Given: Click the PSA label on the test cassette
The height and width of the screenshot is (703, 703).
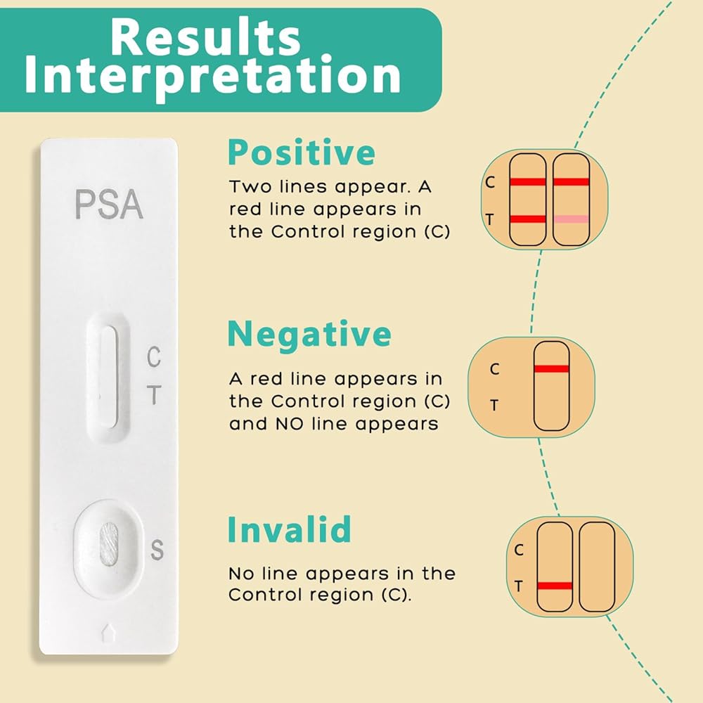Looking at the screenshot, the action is coord(109,204).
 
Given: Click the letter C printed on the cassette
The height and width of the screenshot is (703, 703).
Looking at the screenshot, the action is coord(153,357).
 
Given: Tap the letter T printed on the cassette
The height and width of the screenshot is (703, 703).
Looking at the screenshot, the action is coord(153,396).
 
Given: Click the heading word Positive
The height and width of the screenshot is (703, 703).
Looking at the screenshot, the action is coord(301,153).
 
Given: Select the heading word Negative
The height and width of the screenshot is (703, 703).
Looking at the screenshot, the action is coord(309,335).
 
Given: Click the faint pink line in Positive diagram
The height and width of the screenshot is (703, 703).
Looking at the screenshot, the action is coord(571,219).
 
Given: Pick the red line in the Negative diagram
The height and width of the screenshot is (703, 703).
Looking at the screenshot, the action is coord(551,369).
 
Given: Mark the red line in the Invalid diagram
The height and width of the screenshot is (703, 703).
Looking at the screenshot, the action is coord(554,586).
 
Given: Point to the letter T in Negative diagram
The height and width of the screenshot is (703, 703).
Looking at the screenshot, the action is coord(494,405).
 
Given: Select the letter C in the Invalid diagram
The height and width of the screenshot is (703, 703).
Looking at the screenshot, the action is coord(519,550).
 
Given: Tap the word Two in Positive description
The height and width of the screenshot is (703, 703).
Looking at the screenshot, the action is coord(250,188).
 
